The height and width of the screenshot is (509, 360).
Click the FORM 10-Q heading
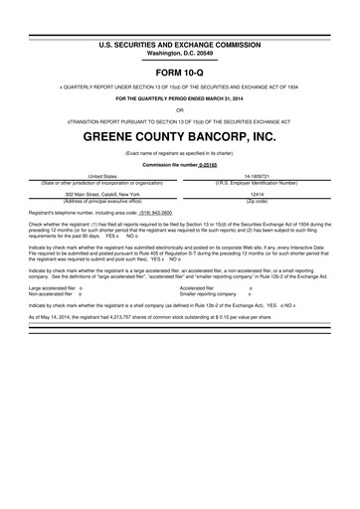(180, 75)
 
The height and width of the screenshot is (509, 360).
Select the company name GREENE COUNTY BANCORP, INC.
(180, 135)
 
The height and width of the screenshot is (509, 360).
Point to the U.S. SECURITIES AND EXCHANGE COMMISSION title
(180, 46)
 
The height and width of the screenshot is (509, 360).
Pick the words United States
(103, 175)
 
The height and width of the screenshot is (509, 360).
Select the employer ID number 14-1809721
(258, 175)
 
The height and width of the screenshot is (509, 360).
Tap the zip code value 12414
(257, 194)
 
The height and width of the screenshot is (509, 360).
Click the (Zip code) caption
(257, 202)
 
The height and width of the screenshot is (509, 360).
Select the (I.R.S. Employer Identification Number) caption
(257, 183)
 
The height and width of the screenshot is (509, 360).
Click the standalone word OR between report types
(180, 111)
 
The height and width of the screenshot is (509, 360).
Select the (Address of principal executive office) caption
(103, 202)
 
